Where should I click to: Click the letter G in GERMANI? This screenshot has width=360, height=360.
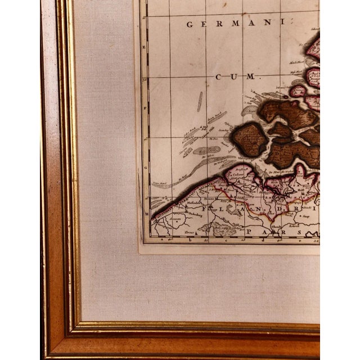coord(190,24)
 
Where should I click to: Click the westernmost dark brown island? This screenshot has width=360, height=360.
coord(249,139)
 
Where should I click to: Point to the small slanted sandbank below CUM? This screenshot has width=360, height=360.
coord(199,102)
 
